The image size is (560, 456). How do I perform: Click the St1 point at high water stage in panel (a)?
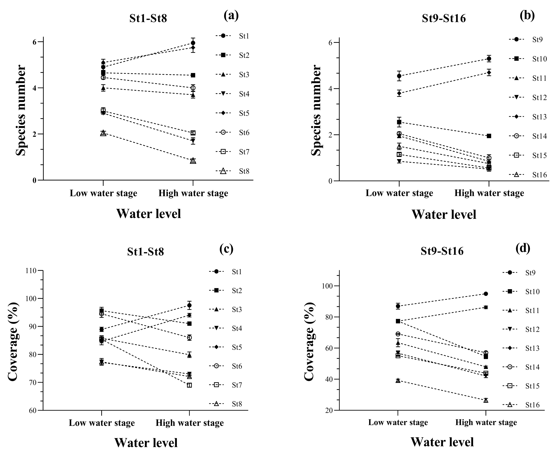coord(193,43)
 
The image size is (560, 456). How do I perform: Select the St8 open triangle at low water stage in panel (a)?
coord(103,133)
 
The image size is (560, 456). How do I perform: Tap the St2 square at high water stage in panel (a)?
coord(193,75)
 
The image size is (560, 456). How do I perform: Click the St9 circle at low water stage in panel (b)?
coord(399,76)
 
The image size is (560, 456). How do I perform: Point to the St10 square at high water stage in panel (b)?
coord(489,136)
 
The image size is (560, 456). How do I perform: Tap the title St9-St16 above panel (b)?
coord(444,18)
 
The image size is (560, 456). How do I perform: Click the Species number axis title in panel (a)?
coord(21,110)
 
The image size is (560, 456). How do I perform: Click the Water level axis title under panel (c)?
coord(146,443)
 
